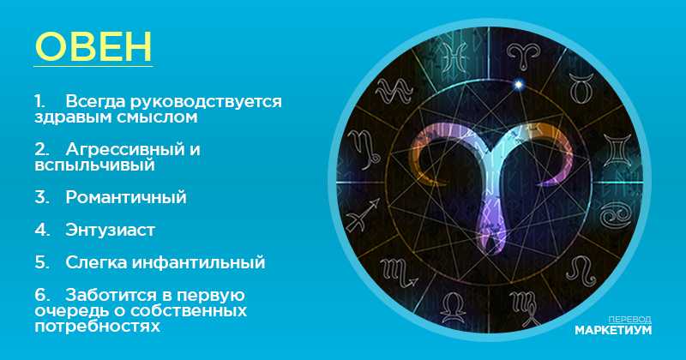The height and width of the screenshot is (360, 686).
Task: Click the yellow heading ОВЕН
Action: (93, 46)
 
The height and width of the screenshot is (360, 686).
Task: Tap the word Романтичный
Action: (126, 198)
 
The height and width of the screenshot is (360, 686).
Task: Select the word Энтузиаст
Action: (111, 230)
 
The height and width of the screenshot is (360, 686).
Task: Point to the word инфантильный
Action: (199, 262)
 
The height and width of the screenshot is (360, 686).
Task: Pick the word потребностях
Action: (97, 327)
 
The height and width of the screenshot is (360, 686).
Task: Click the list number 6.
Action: (41, 295)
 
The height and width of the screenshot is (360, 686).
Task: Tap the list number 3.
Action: (41, 198)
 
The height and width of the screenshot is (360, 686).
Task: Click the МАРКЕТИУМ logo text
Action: (613, 330)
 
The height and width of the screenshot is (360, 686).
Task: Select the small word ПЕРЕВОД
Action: (629, 320)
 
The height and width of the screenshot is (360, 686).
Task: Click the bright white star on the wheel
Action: (518, 84)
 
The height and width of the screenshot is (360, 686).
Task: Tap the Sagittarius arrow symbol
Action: (363, 214)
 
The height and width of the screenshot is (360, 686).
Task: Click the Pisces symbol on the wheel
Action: (453, 57)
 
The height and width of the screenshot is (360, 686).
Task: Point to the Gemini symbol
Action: (617, 150)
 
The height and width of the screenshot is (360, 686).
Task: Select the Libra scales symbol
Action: (454, 308)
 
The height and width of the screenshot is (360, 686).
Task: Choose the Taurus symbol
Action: (582, 88)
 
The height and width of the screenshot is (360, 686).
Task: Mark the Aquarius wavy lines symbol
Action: (394, 90)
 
